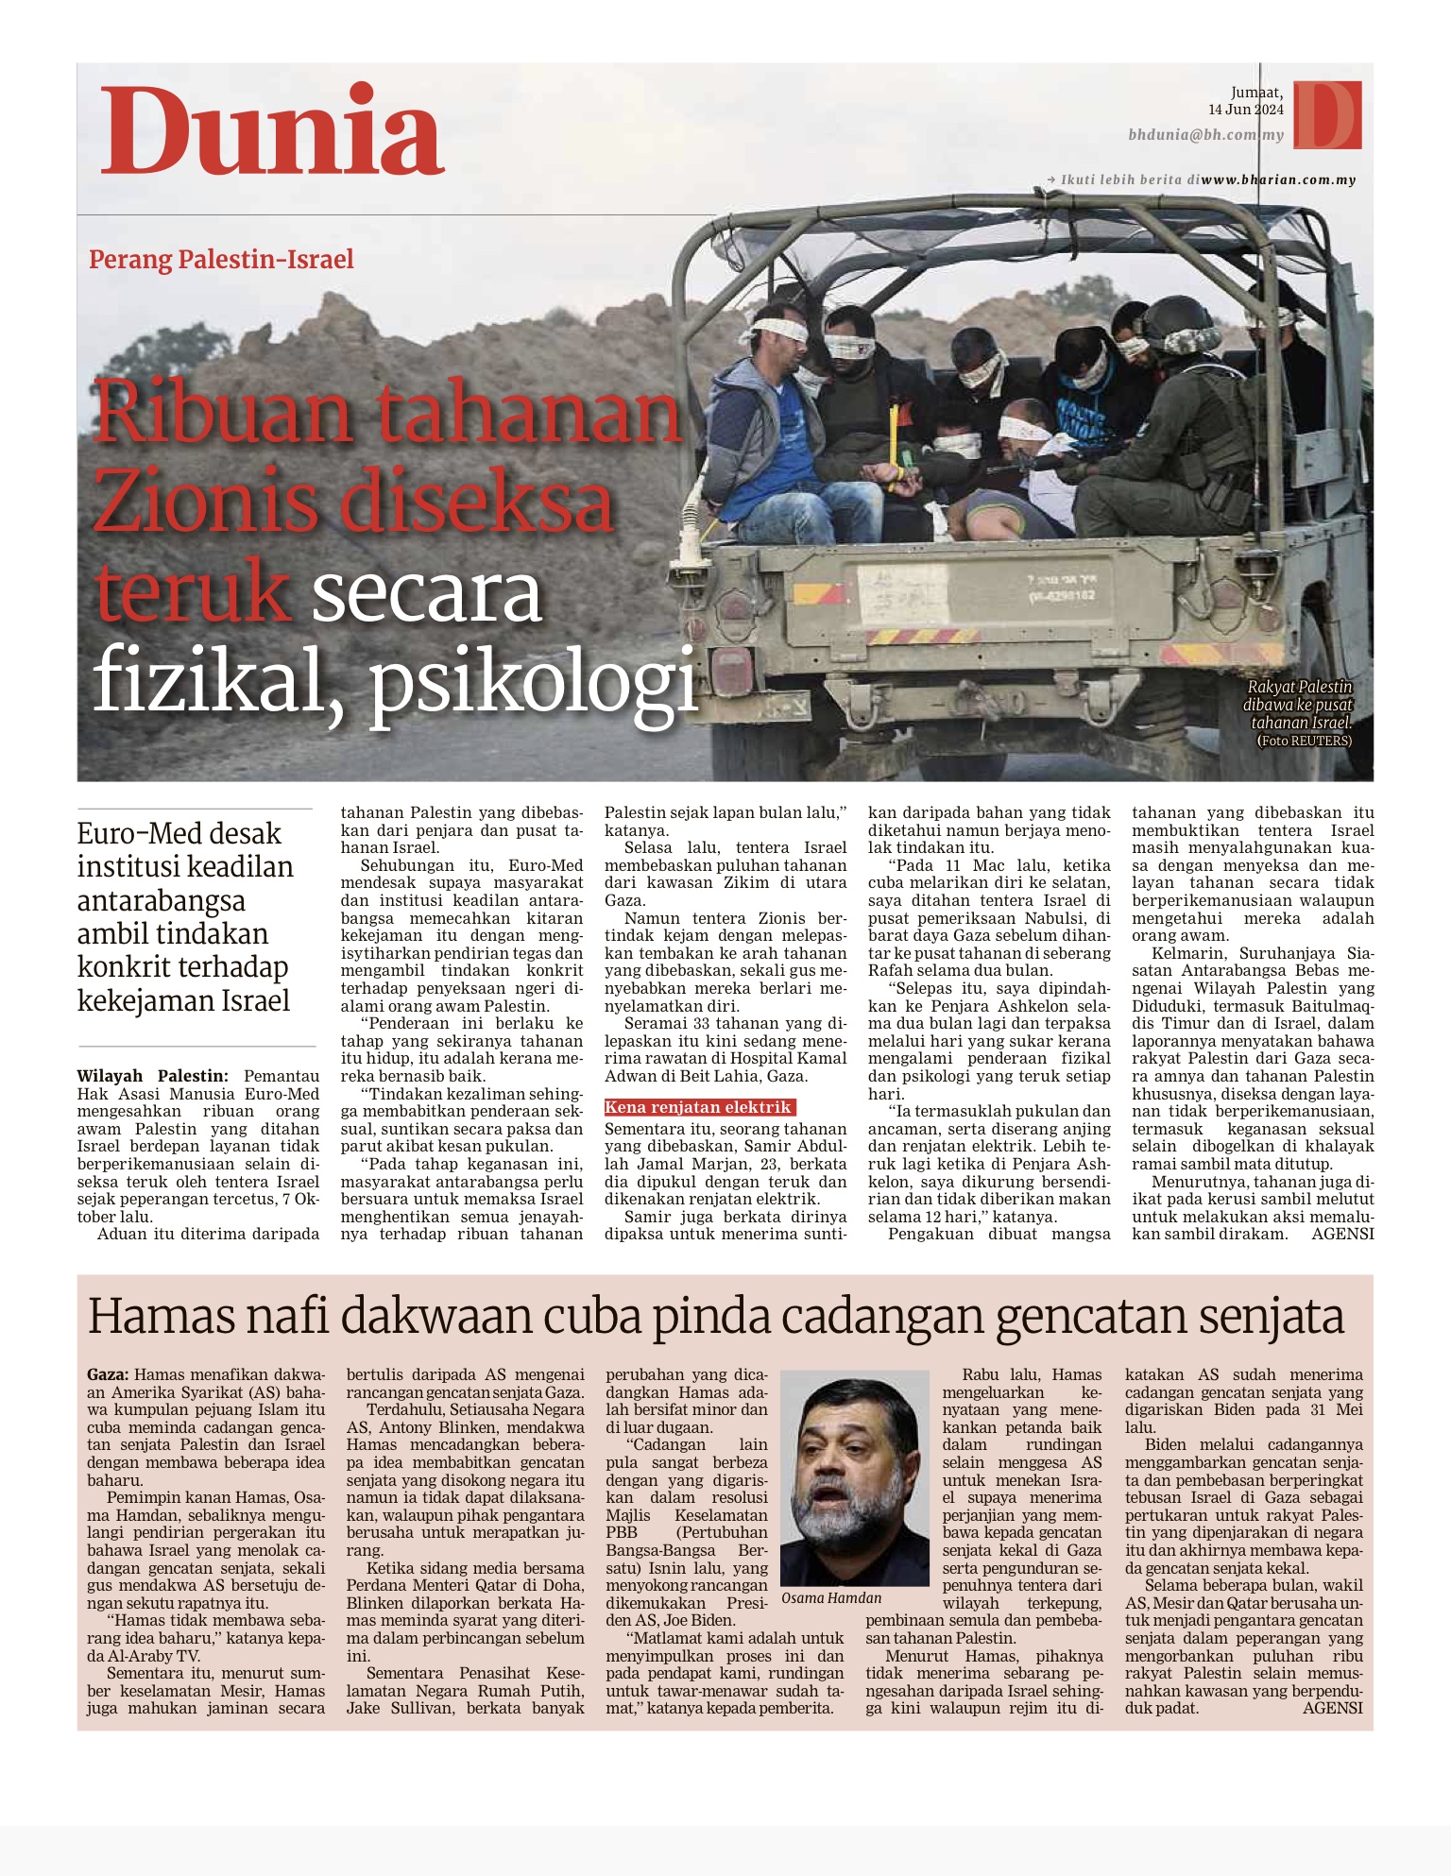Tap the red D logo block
1327,114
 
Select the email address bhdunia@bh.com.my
1205,135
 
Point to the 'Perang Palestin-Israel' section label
221,259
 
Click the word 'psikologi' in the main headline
533,678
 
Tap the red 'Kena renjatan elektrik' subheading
698,1107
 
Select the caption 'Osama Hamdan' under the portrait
831,1597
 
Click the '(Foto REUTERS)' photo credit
1304,741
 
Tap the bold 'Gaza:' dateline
109,1374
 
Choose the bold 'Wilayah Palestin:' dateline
152,1076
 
